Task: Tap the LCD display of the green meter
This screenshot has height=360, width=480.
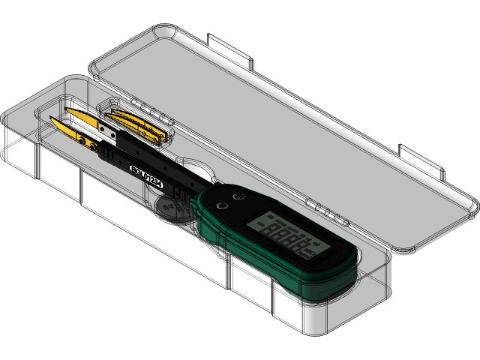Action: [x=289, y=234]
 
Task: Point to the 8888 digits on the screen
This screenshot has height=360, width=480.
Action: [x=288, y=240]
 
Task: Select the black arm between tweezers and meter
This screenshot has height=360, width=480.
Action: [x=150, y=169]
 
